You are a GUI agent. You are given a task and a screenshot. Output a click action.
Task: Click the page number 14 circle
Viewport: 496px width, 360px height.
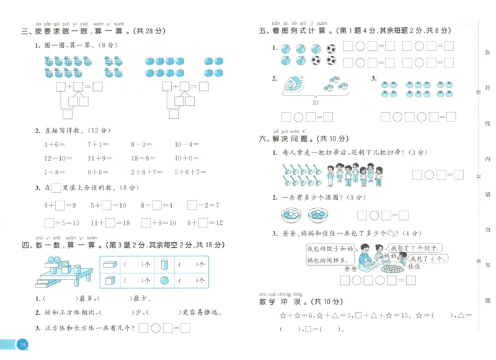click(x=22, y=345)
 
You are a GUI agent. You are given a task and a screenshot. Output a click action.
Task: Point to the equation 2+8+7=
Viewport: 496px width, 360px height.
click(x=146, y=173)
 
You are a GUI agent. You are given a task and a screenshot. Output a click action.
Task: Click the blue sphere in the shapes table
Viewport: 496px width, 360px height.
click(x=164, y=280)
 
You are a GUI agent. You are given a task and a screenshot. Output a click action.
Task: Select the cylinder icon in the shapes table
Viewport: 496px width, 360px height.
click(x=165, y=264)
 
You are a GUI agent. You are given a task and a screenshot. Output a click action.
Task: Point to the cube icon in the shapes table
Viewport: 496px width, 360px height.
click(x=110, y=280)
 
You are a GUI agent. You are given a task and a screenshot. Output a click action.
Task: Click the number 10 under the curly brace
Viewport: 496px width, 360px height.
click(x=315, y=102)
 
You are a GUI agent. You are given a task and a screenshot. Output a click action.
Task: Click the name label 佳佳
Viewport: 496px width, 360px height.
click(x=414, y=266)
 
